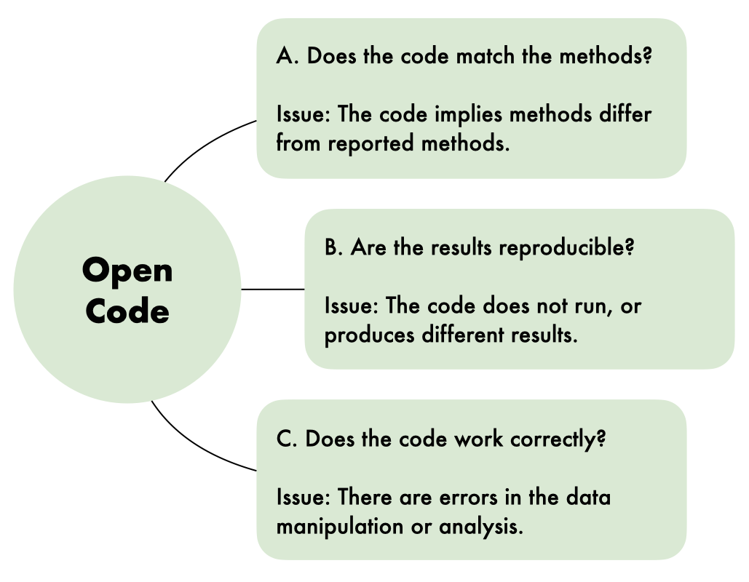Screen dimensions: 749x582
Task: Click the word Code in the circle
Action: click(127, 311)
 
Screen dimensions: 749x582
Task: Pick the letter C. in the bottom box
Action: click(287, 439)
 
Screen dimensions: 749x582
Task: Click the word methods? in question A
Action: click(606, 56)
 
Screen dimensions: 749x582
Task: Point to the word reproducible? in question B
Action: click(566, 248)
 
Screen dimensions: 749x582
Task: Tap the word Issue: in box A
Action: click(304, 115)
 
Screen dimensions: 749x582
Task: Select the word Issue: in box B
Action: click(352, 306)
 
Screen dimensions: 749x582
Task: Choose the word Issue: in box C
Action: click(304, 498)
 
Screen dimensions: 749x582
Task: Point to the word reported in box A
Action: click(370, 144)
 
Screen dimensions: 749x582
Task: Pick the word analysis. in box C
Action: click(481, 527)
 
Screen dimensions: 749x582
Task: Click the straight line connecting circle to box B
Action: click(273, 289)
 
